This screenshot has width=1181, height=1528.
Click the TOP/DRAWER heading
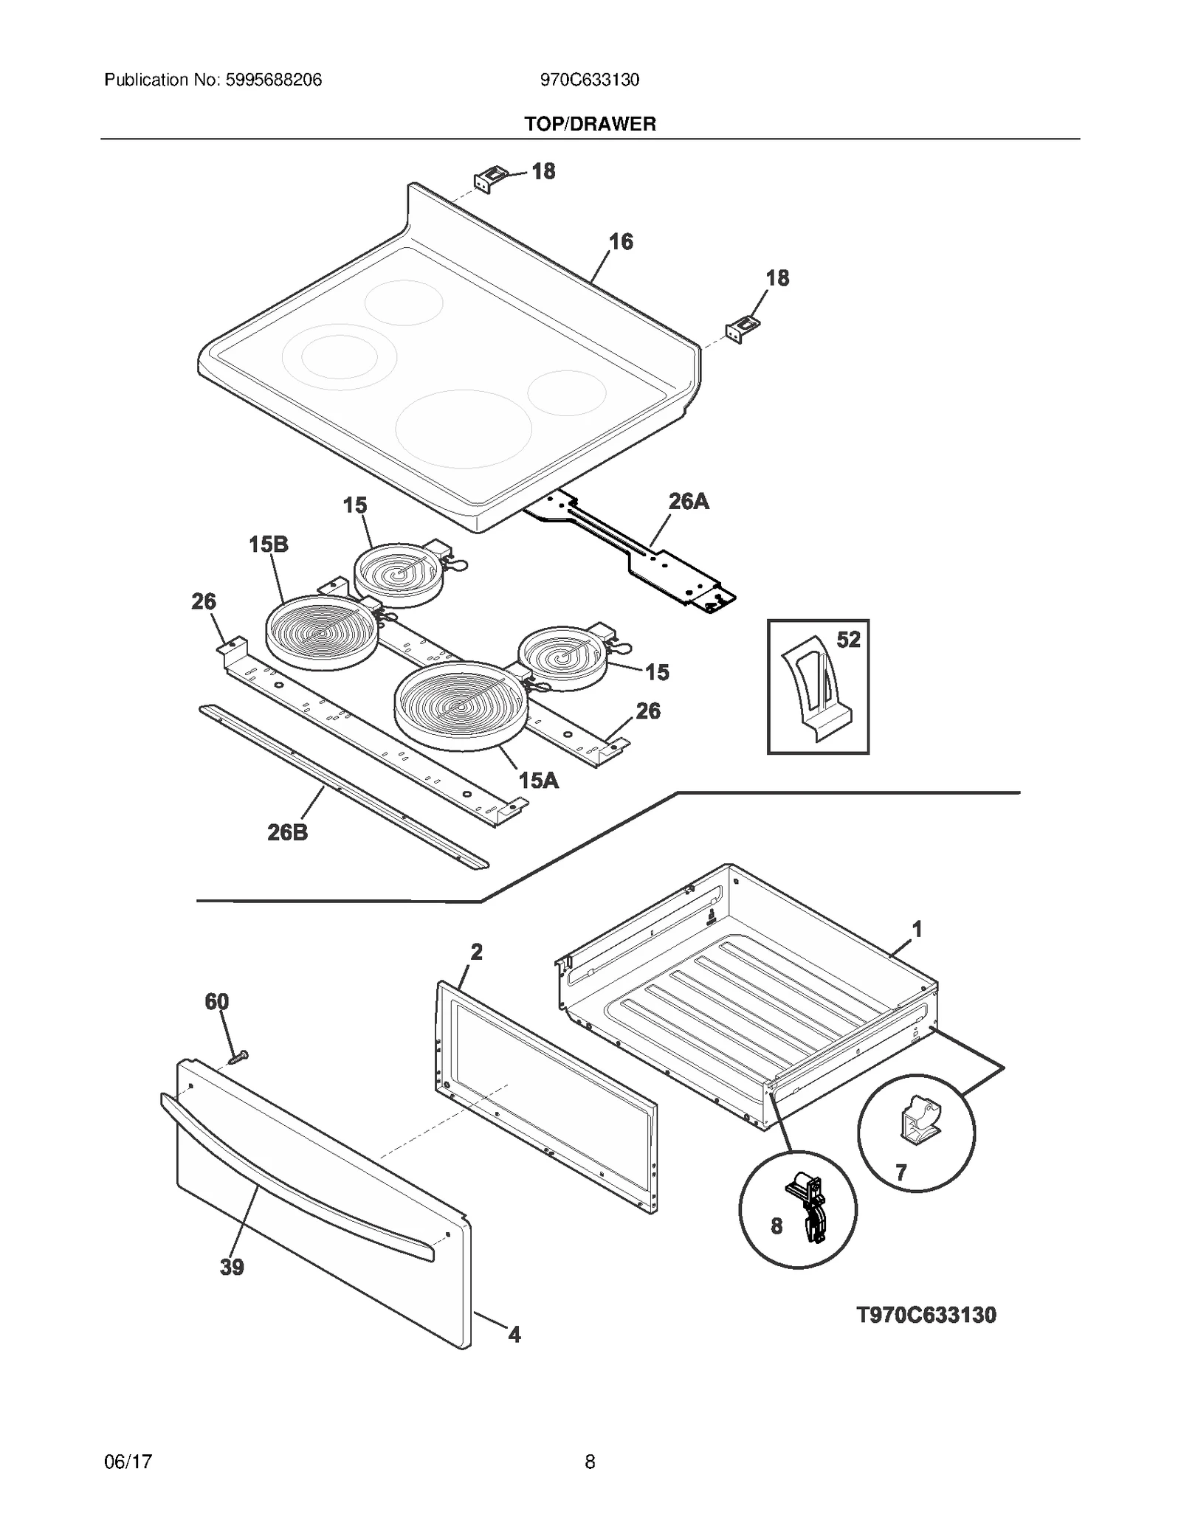[x=590, y=124]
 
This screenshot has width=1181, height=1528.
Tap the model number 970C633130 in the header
[x=590, y=80]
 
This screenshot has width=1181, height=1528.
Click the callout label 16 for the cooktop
[x=621, y=241]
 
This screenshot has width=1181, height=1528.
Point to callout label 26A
[x=689, y=502]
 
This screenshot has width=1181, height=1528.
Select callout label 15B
[x=268, y=545]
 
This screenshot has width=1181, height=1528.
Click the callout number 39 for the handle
[x=232, y=1268]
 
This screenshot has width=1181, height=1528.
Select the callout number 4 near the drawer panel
[x=514, y=1334]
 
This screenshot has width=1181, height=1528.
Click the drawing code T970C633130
[x=926, y=1316]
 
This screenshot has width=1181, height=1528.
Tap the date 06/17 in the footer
[x=128, y=1462]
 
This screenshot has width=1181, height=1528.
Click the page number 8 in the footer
[x=590, y=1462]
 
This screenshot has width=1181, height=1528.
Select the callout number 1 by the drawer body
[x=917, y=930]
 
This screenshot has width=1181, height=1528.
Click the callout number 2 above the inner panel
[x=476, y=952]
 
